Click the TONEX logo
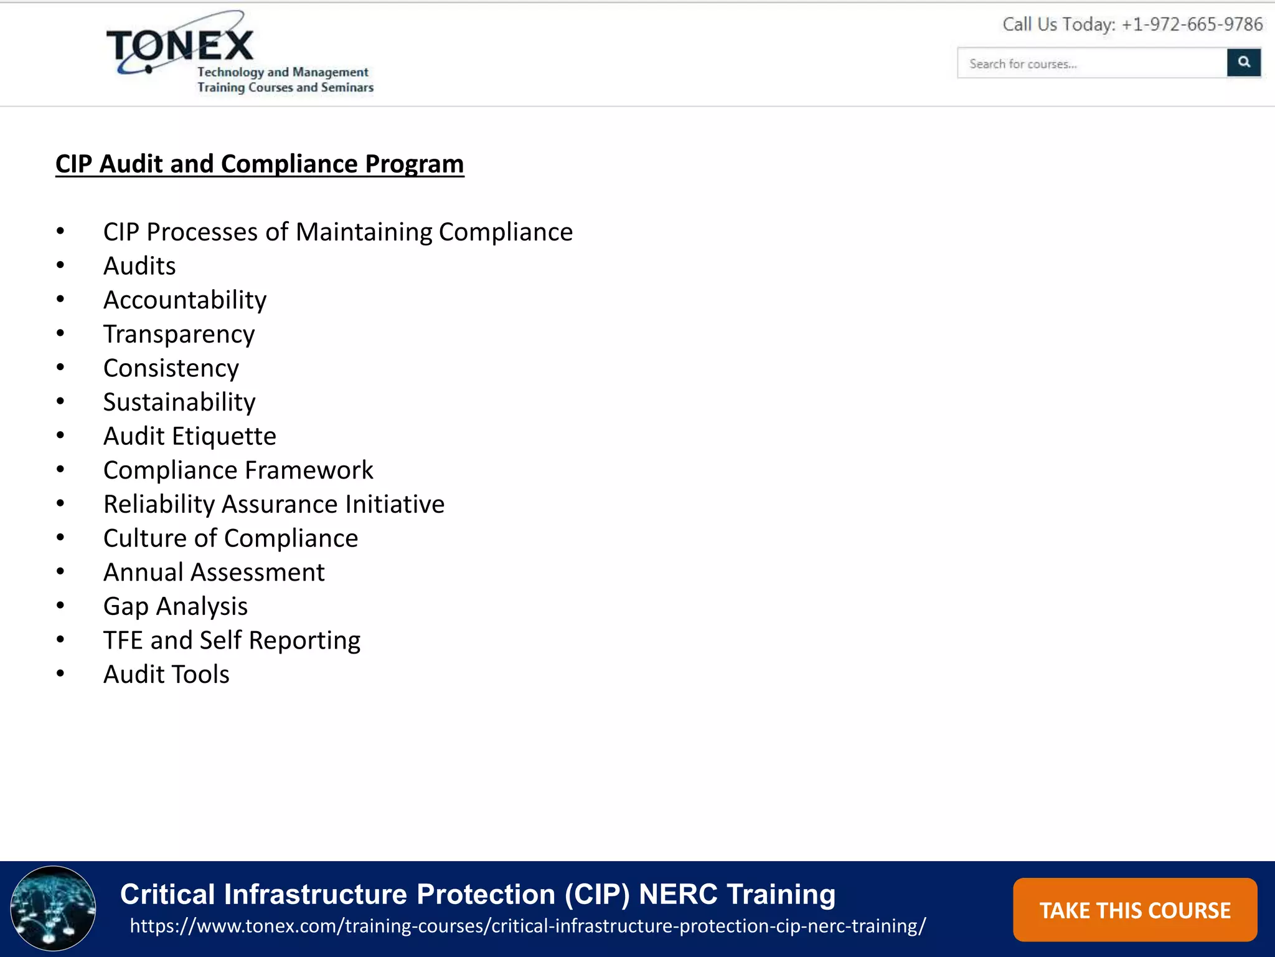181,47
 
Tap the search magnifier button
1243,62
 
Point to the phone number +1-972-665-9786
1192,25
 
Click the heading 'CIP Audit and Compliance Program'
260,164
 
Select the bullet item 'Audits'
139,266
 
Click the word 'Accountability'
185,300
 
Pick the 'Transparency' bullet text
179,335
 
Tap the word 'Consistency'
171,368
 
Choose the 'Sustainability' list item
179,402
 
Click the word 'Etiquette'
223,436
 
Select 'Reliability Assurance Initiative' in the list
274,504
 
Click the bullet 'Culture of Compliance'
230,538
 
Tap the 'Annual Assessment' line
214,573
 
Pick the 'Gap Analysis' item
176,606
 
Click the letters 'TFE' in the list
123,640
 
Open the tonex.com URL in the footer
527,926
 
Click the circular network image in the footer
54,908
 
